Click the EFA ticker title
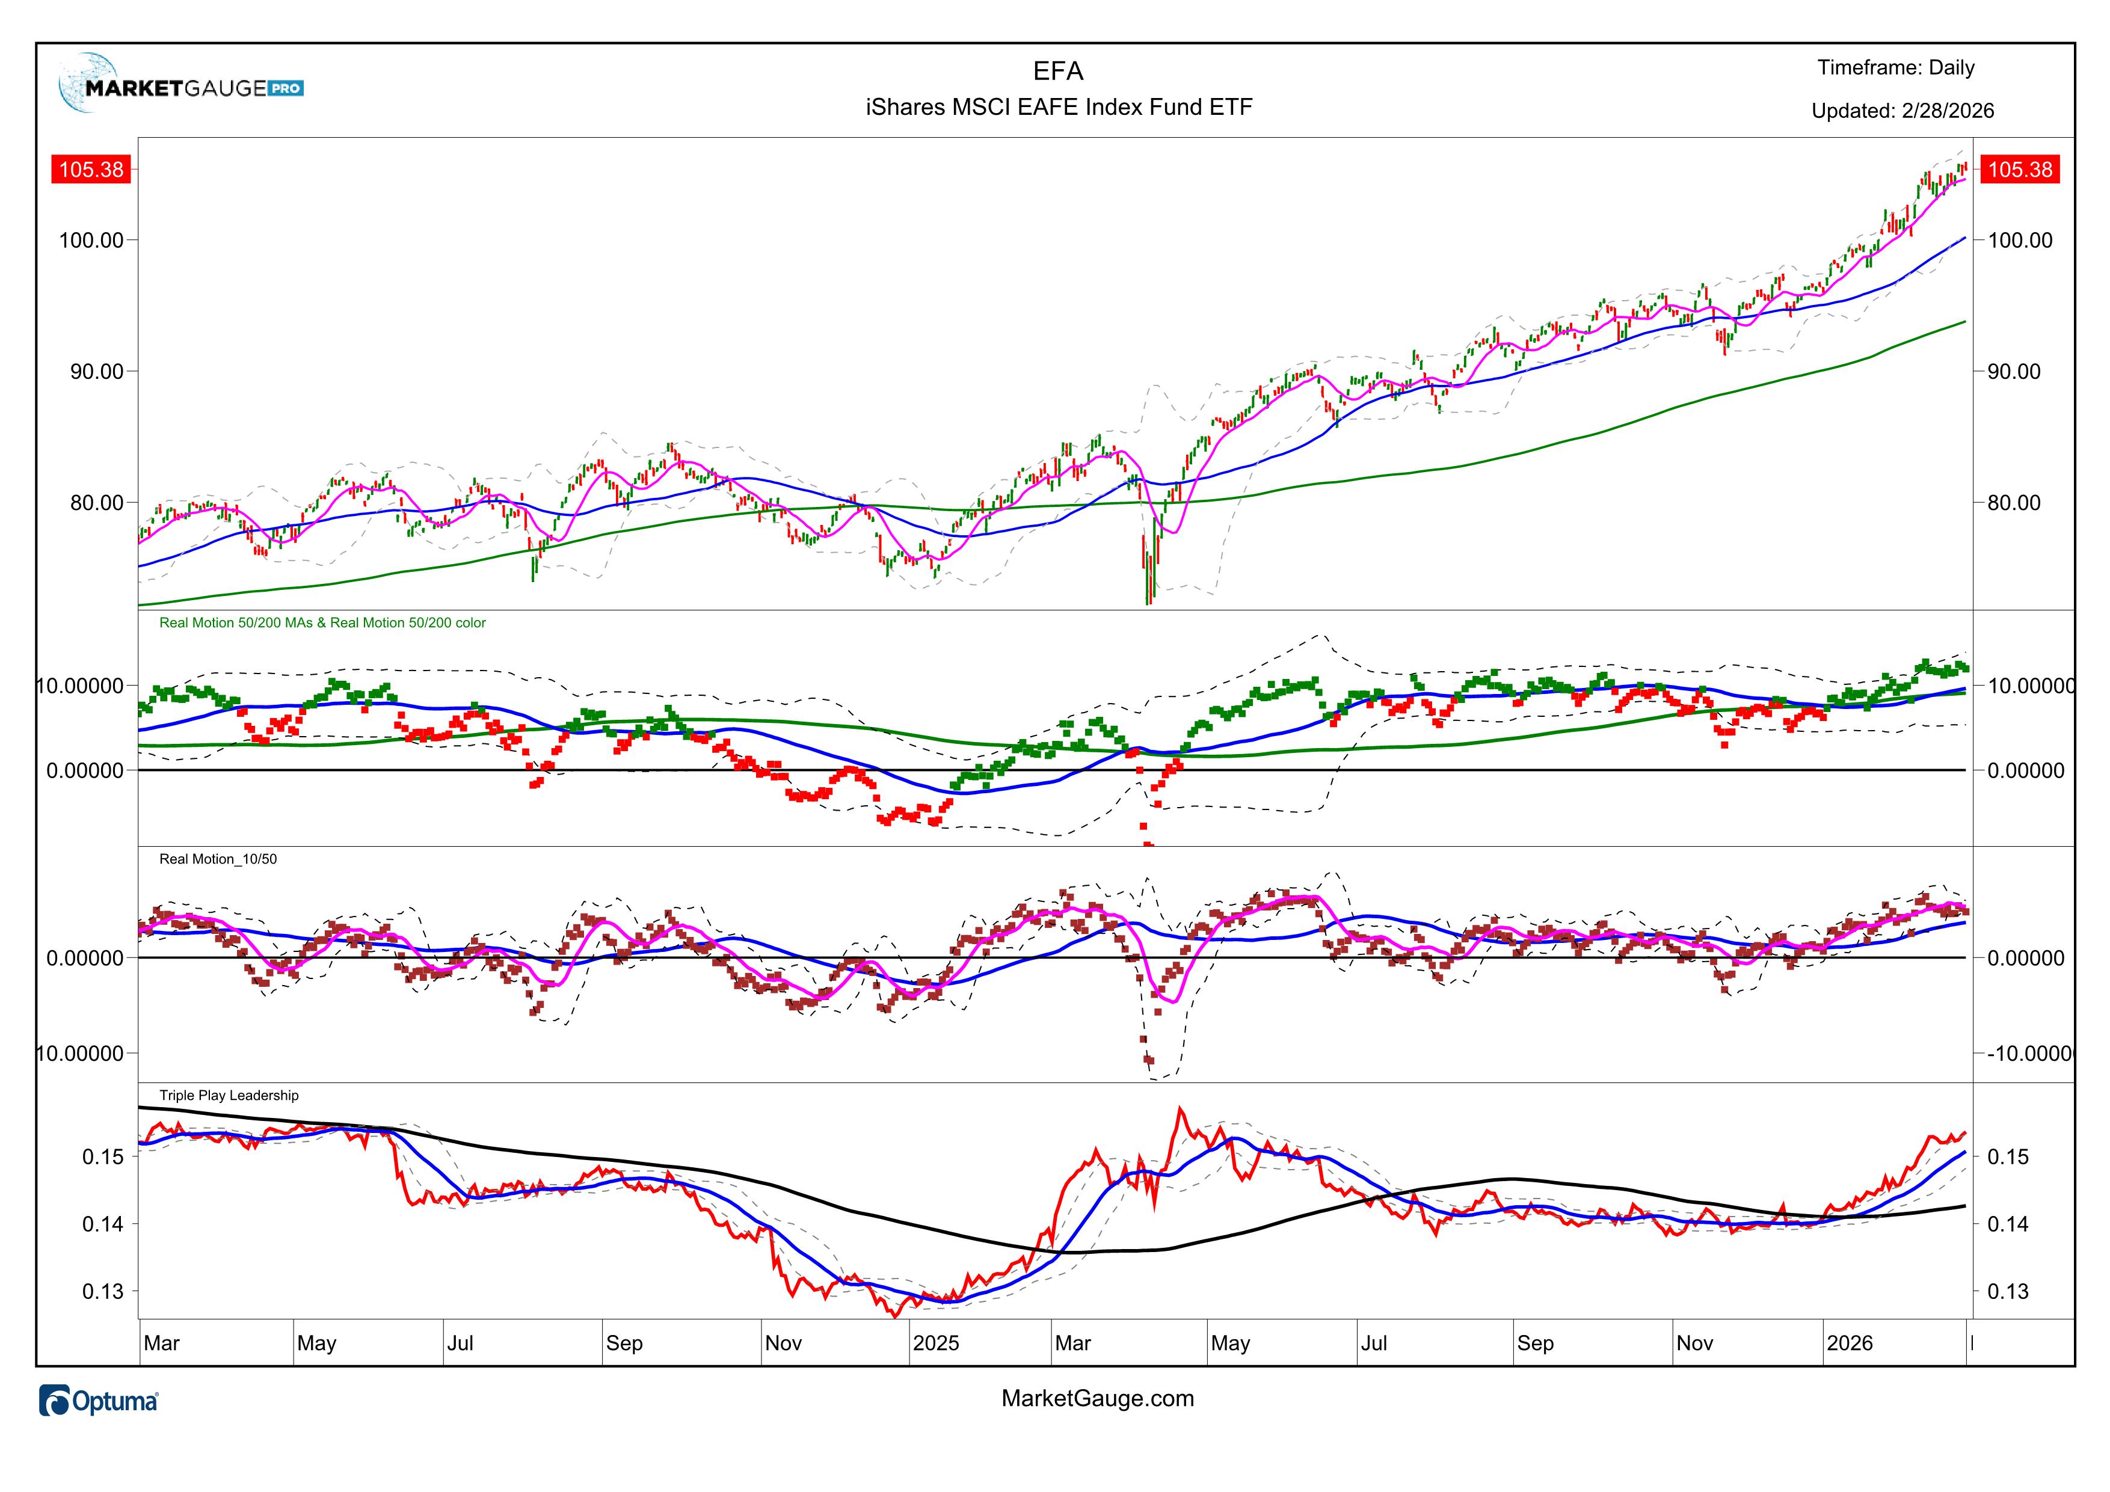[x=1058, y=72]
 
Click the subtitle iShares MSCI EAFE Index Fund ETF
[x=1059, y=108]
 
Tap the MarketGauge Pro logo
[x=181, y=85]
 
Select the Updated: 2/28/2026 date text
[x=1902, y=111]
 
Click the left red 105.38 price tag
[x=91, y=170]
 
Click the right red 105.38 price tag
[x=2019, y=170]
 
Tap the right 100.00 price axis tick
[x=2019, y=241]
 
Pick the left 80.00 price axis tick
[x=96, y=503]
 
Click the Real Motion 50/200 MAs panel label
[x=322, y=623]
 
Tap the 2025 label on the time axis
[x=935, y=1343]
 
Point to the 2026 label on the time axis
[x=1849, y=1343]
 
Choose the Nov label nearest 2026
[x=1694, y=1343]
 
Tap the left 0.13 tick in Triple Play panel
[x=103, y=1292]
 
